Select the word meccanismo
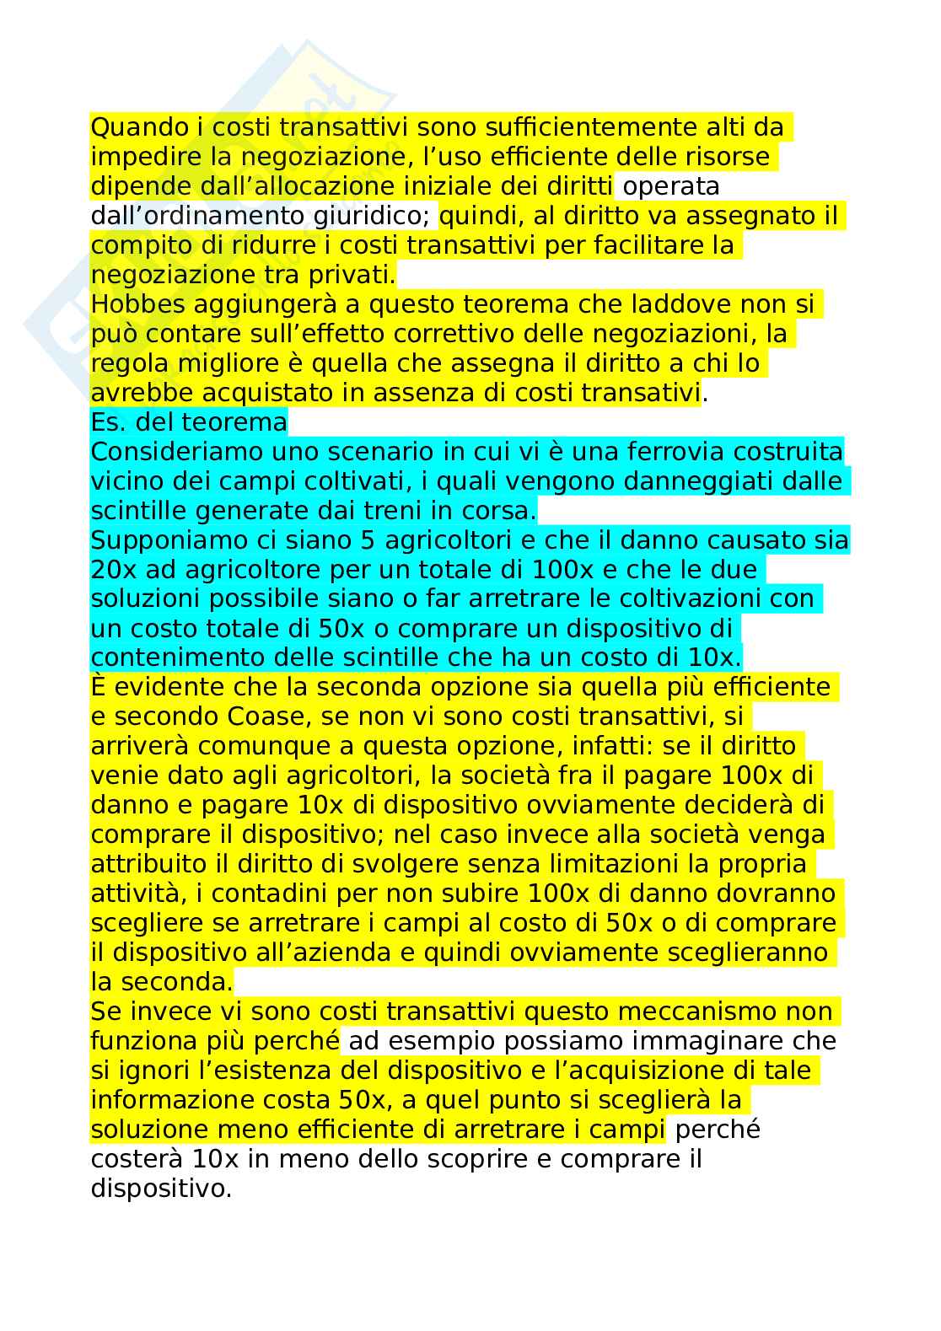click(x=694, y=1011)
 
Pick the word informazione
click(x=172, y=1100)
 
